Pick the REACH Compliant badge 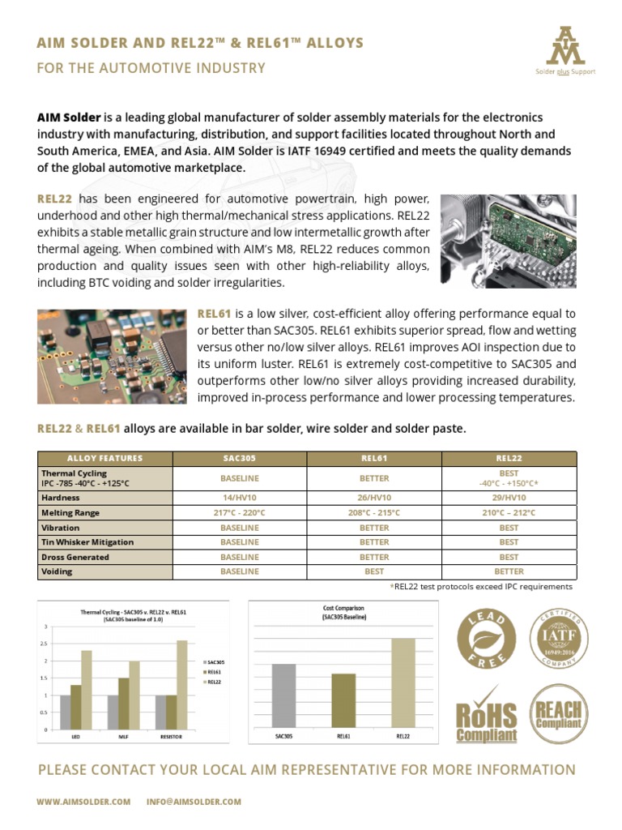(559, 712)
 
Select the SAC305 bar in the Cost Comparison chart (284, 696)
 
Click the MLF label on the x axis (120, 737)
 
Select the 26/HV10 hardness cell (374, 498)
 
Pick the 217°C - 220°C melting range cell (240, 513)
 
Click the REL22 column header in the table (509, 458)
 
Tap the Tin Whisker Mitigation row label (87, 542)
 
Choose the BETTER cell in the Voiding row (509, 571)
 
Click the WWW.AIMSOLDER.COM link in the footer (83, 802)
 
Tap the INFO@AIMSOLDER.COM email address (194, 802)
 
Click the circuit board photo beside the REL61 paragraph (112, 357)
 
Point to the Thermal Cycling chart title (134, 615)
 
